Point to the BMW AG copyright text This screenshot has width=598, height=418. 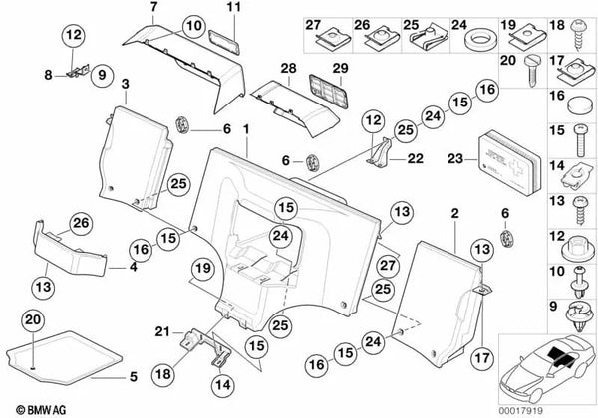pos(34,407)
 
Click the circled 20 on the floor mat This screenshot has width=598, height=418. pos(32,321)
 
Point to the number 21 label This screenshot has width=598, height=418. pos(160,331)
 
